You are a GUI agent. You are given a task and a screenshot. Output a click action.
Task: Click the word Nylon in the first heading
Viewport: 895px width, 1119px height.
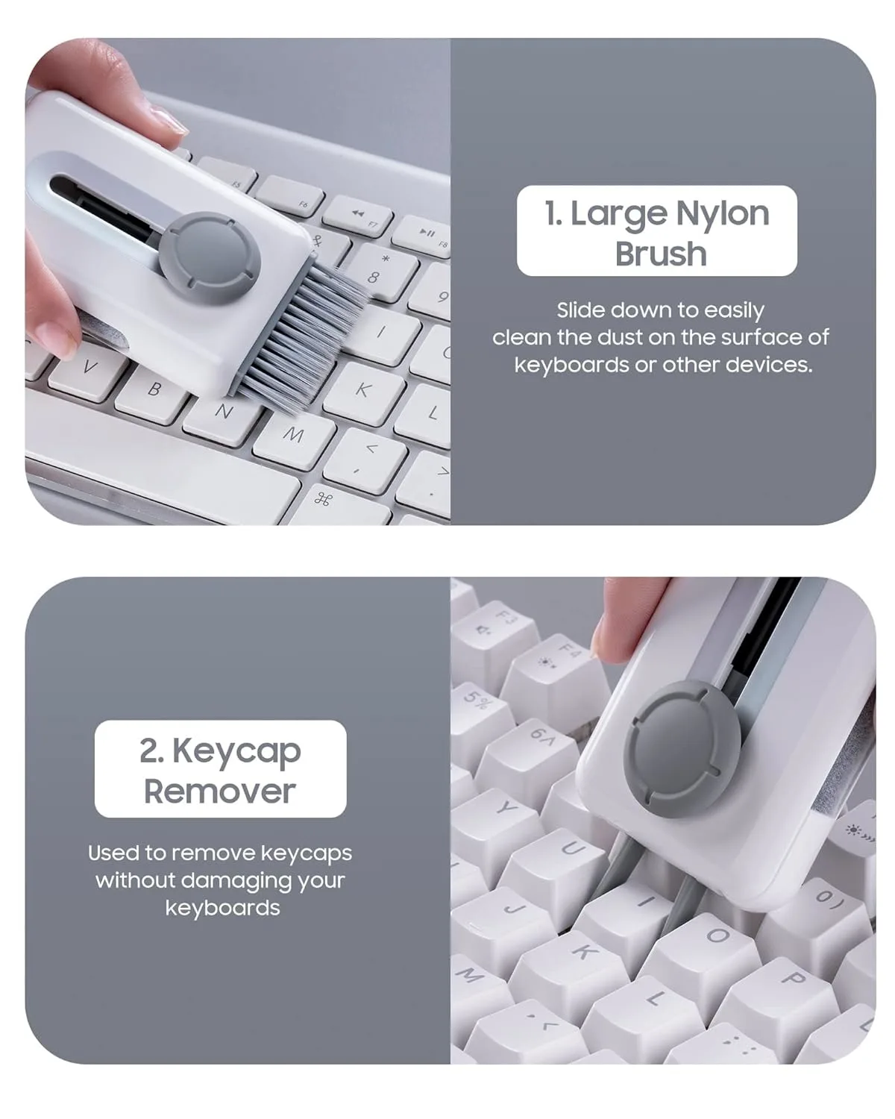[721, 214]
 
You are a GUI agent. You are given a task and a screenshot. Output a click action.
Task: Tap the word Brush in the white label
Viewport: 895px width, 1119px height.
[660, 254]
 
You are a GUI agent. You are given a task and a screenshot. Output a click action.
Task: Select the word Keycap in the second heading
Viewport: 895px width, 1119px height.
[236, 751]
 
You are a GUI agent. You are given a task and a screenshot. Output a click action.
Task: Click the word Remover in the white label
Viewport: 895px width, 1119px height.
[220, 792]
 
